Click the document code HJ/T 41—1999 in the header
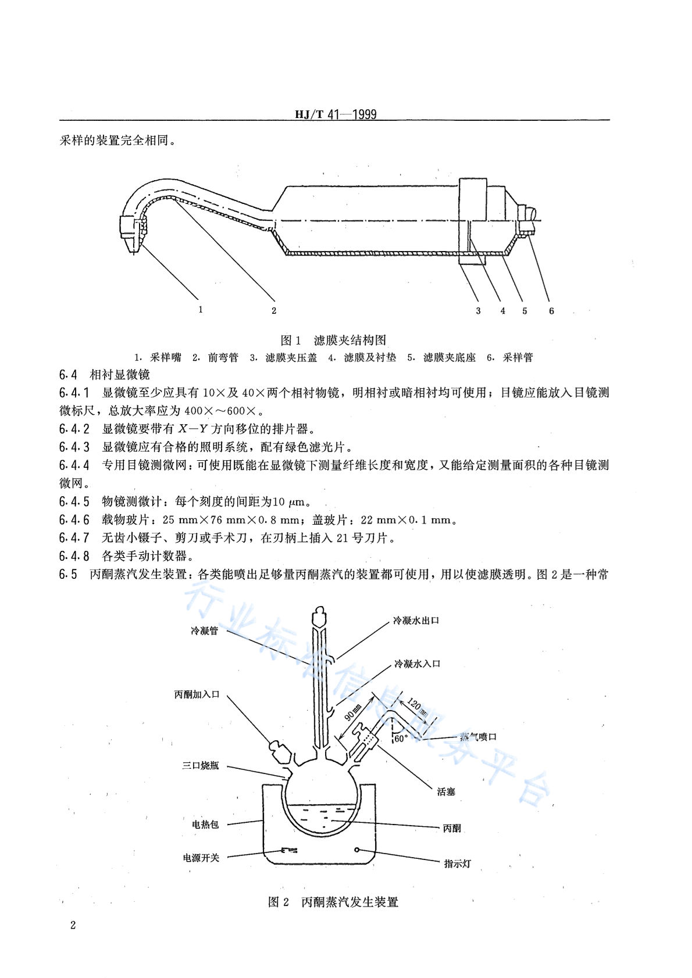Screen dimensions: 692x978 coord(336,114)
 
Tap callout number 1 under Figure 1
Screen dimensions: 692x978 coord(201,310)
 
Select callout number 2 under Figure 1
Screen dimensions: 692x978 coord(274,311)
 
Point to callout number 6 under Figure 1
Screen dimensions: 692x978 coord(551,311)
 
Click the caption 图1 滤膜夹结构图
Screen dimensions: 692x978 coord(333,340)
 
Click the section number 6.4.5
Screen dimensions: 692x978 coord(74,501)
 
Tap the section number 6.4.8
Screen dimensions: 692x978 coord(74,556)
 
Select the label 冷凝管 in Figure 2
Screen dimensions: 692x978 coord(204,630)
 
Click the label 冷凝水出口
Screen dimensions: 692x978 coord(416,621)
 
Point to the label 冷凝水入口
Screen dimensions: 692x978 coord(417,664)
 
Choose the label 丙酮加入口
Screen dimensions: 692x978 coord(197,694)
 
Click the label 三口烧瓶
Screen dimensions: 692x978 coord(201,765)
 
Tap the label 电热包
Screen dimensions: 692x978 coord(205,824)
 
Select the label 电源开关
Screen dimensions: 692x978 coord(201,858)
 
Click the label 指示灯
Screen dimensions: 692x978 coord(458,864)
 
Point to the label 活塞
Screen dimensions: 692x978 coord(446,791)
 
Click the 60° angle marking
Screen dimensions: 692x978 coord(401,739)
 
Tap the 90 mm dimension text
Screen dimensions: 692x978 coord(353,712)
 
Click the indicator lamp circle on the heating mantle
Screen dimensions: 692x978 coord(357,850)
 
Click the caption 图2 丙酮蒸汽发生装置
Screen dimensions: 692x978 coord(333,902)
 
